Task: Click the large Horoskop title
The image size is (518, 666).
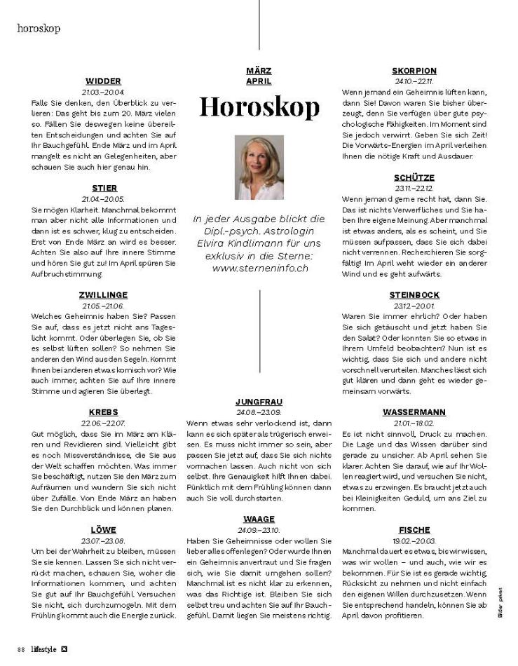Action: click(x=259, y=106)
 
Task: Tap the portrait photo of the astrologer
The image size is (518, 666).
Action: click(x=259, y=168)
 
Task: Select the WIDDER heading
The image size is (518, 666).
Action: click(x=103, y=81)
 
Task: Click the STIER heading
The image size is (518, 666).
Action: click(x=104, y=188)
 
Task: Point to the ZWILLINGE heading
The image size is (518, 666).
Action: click(x=103, y=295)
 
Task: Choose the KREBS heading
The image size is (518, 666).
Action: click(x=103, y=412)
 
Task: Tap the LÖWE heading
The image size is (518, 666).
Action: click(x=103, y=529)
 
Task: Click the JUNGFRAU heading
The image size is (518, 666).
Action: click(x=259, y=402)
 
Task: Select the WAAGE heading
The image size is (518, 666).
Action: click(x=259, y=519)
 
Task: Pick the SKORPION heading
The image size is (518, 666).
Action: click(x=414, y=71)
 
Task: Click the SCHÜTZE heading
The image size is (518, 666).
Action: click(x=414, y=177)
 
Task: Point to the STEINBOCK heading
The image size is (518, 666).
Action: click(x=414, y=294)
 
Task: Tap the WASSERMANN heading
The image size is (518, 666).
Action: click(x=414, y=412)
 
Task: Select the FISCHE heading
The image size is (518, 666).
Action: click(x=414, y=529)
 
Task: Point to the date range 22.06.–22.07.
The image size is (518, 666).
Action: click(x=103, y=423)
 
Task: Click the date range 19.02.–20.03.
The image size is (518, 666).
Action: click(x=414, y=541)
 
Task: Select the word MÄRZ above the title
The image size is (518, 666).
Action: click(x=259, y=71)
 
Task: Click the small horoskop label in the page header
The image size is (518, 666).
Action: click(x=39, y=29)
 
